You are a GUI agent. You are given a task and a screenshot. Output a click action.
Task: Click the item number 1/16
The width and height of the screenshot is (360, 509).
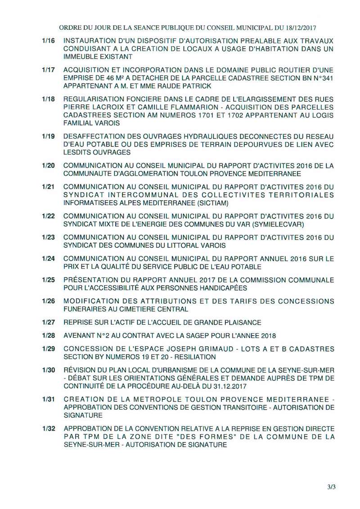[48, 40]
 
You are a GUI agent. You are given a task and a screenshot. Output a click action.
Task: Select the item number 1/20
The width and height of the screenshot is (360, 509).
[48, 165]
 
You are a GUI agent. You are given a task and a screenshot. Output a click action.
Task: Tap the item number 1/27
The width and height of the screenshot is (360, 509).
[48, 322]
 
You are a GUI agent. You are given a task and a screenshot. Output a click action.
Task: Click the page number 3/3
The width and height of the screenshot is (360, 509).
[332, 486]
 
